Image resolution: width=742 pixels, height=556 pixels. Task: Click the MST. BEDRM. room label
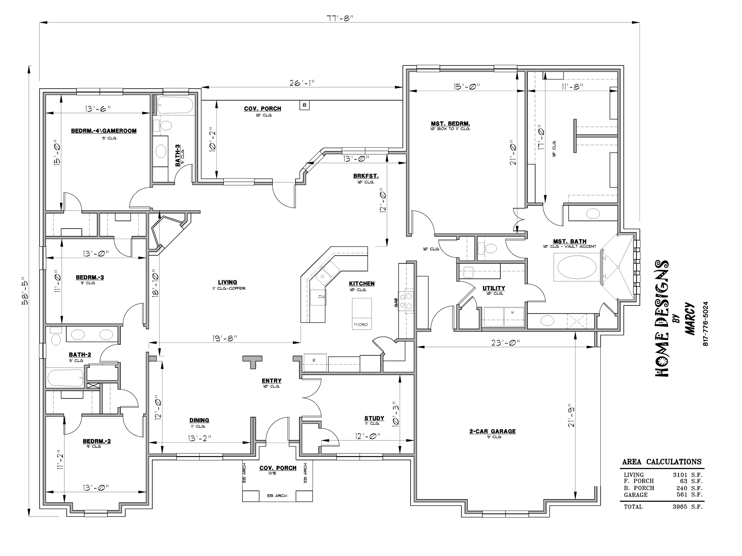coord(450,124)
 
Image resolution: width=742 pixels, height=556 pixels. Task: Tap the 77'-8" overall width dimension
coord(340,18)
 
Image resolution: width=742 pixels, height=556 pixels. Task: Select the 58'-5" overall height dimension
coord(25,291)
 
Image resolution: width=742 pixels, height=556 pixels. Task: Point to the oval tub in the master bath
coord(577,267)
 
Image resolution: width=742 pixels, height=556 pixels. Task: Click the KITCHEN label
coord(362,283)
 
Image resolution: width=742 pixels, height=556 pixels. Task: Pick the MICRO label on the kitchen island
coord(361,324)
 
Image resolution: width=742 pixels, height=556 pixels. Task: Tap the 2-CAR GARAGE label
coord(492,431)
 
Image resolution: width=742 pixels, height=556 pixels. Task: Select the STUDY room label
coord(374,418)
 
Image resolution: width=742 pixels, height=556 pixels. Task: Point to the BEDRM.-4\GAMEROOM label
coord(104,131)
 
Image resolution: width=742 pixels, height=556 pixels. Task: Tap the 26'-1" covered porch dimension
coord(302,83)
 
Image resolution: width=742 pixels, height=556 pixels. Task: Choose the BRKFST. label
coord(366,176)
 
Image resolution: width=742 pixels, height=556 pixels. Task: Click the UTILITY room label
coord(494,288)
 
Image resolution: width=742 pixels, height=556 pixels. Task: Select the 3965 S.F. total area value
coord(687,507)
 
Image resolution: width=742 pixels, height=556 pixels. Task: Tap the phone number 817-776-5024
coord(705,324)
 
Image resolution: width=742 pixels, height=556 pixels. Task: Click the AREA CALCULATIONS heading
coord(662,462)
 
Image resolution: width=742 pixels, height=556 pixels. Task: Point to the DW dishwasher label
coord(321,297)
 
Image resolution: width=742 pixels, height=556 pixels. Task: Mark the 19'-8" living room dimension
coord(225,339)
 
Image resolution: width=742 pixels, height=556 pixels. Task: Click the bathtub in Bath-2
coord(65,378)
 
